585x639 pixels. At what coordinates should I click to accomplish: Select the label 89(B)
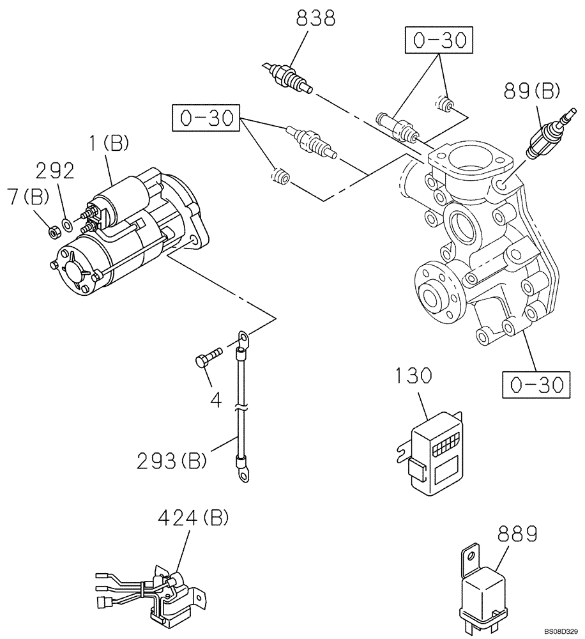click(531, 91)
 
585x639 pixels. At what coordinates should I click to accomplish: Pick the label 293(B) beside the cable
click(171, 460)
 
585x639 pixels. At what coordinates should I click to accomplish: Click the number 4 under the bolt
click(216, 401)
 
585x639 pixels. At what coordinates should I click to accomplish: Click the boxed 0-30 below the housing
click(534, 384)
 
